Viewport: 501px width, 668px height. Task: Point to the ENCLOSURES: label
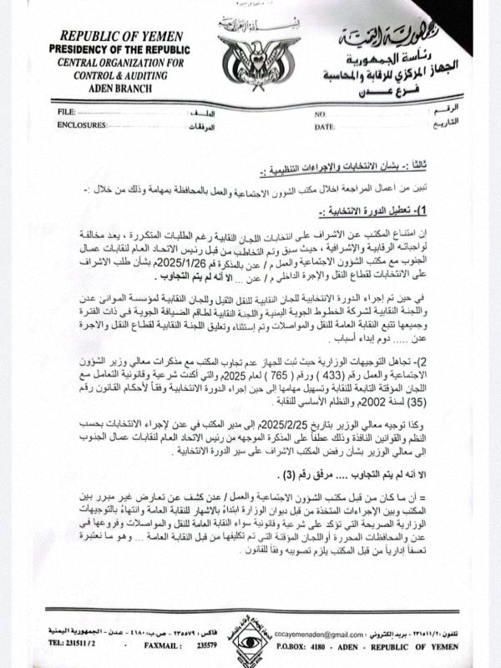(x=83, y=125)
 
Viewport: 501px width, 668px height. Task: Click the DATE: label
(x=325, y=126)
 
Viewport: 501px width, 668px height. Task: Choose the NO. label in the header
(x=320, y=113)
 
